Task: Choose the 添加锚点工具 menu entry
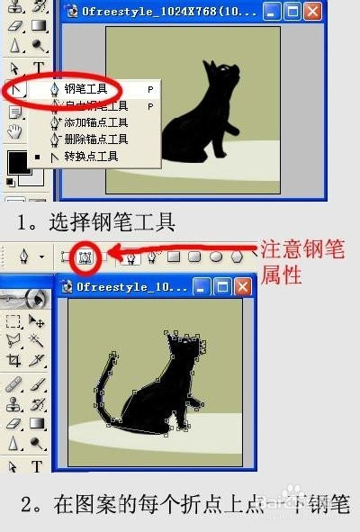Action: tap(95, 122)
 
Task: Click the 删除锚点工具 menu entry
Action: tap(95, 140)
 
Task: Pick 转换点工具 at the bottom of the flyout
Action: tap(91, 157)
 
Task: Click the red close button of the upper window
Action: tap(311, 12)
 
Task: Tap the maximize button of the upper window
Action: tap(292, 12)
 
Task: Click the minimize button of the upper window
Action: tap(274, 12)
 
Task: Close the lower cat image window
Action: tap(242, 286)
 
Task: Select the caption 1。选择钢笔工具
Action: tap(94, 220)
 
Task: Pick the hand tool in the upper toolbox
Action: tap(14, 131)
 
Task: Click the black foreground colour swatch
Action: tap(16, 163)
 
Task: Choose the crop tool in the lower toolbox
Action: tap(13, 360)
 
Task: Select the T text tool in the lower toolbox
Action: tap(37, 466)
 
